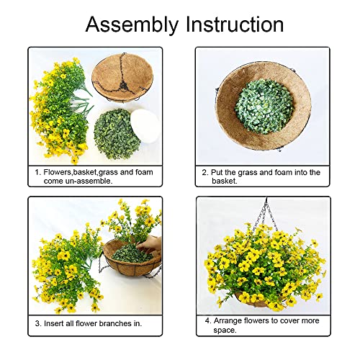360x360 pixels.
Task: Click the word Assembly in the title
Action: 130,24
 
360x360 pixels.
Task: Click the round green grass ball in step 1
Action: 116,132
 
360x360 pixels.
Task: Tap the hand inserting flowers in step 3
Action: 150,246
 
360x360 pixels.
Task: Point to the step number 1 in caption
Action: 37,173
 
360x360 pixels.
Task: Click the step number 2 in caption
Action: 205,173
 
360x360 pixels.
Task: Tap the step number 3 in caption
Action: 37,324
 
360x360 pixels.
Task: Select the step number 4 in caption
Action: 205,320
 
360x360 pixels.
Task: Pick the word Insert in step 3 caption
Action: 55,324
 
